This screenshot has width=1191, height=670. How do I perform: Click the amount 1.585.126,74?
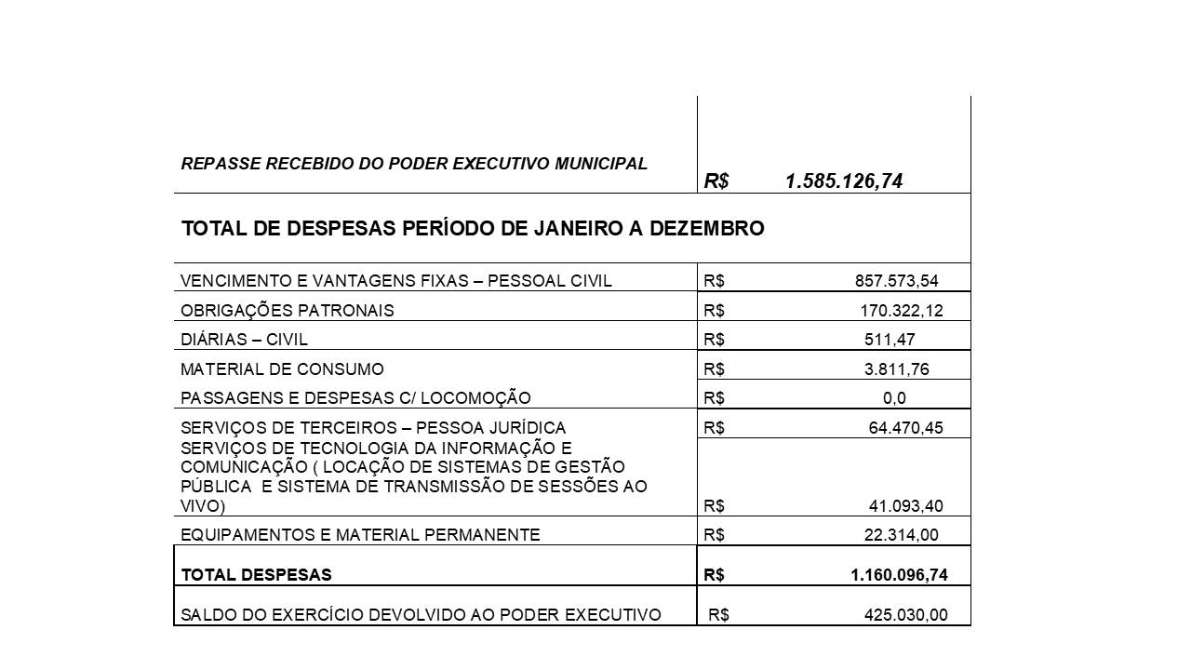[843, 181]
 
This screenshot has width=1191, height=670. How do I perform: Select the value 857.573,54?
[896, 281]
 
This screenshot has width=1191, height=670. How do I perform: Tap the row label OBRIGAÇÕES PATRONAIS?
[288, 311]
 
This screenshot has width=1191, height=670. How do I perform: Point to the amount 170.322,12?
[901, 311]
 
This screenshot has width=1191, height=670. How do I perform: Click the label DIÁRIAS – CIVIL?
[244, 340]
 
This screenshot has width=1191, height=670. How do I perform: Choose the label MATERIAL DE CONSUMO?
[282, 369]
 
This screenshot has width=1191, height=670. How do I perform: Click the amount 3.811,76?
[896, 369]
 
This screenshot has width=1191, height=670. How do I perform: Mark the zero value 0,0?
[894, 398]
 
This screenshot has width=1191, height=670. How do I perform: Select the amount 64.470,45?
[905, 428]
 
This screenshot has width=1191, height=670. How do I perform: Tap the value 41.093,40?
[905, 507]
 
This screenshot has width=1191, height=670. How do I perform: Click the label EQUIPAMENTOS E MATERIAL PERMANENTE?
[360, 535]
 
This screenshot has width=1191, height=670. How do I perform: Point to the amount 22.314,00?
[901, 535]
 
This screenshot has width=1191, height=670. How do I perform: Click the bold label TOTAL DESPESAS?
[256, 575]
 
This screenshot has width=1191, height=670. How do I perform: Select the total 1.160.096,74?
[899, 575]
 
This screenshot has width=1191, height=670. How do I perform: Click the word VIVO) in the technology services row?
[202, 507]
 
